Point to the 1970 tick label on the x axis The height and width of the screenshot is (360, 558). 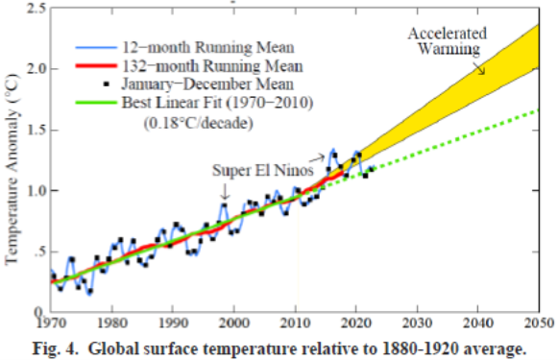coord(53,324)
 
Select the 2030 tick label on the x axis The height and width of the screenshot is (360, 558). coord(418,324)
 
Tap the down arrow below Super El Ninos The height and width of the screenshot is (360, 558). coord(223,191)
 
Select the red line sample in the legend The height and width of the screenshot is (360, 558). coord(97,66)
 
